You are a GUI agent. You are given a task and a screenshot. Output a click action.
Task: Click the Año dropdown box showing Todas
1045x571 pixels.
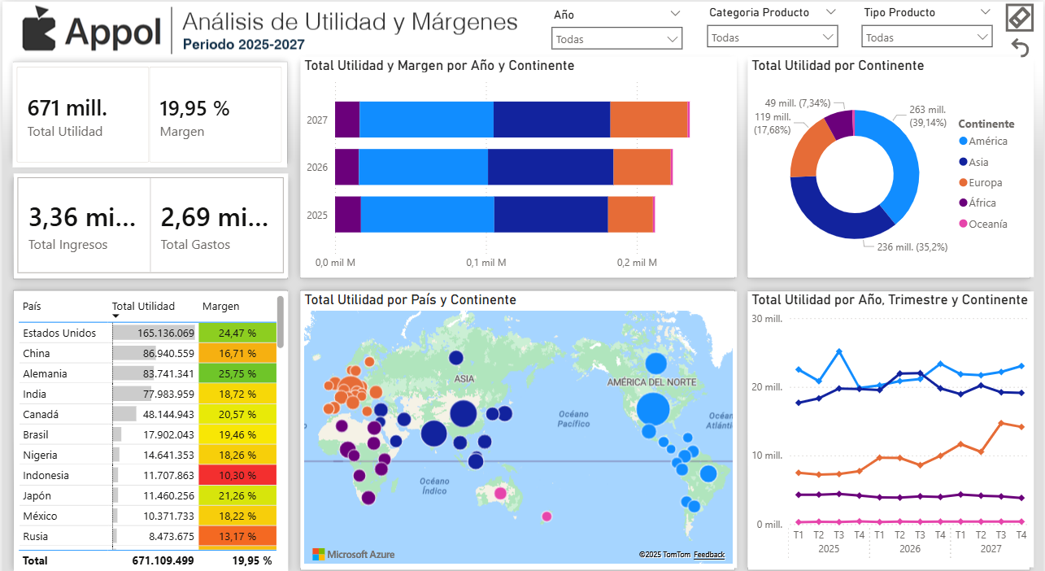tap(616, 38)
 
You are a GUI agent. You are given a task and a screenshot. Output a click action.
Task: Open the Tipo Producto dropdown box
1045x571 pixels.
tap(926, 37)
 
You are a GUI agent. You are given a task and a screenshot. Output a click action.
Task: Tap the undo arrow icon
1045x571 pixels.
tap(1020, 48)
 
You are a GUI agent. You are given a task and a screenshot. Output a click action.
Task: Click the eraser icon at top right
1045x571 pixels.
tap(1019, 18)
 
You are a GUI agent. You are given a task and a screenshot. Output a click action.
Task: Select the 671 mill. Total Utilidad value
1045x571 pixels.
tap(67, 108)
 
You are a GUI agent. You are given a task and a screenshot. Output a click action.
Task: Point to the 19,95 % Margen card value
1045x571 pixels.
tap(194, 108)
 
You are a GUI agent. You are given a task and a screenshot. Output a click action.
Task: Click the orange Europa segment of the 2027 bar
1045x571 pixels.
tap(648, 120)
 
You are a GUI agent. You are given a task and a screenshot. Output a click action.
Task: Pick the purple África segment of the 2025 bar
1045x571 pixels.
tap(347, 215)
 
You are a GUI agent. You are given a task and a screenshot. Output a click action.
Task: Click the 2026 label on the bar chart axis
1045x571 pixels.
tap(317, 168)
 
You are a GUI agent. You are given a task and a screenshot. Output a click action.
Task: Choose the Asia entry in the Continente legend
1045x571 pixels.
tap(978, 162)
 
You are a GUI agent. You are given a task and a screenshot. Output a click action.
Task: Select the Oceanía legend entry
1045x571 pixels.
tap(987, 224)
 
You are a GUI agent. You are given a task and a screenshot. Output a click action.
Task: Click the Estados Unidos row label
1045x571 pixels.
tap(59, 333)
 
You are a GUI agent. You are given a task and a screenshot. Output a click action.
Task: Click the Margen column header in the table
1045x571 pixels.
tap(220, 306)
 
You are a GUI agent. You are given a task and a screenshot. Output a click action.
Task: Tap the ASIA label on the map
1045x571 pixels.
tap(464, 379)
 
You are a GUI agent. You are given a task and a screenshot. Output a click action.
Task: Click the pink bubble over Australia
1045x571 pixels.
tap(500, 493)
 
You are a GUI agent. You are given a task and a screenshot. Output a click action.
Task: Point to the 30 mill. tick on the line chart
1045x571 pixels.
tap(767, 318)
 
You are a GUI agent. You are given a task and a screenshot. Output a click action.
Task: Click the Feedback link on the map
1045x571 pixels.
tap(708, 555)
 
